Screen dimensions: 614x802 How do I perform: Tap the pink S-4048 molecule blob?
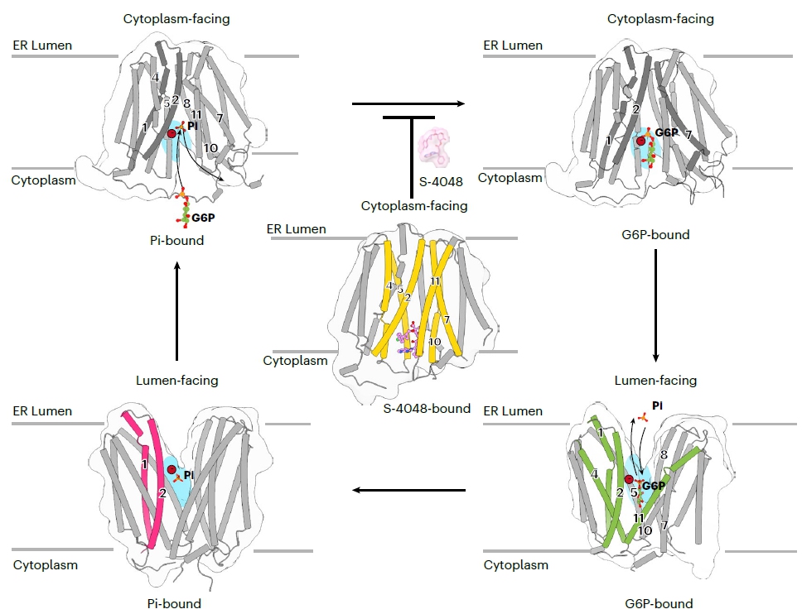[437, 146]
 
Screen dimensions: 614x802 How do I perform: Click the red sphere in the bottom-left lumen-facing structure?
[171, 470]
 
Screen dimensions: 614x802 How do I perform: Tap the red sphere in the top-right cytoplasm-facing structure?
[640, 142]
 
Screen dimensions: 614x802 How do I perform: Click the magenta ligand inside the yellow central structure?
[407, 339]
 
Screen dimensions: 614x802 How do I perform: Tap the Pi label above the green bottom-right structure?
[657, 406]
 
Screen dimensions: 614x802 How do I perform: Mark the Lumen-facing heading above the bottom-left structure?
[176, 381]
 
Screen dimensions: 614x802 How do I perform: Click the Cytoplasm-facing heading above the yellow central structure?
[414, 205]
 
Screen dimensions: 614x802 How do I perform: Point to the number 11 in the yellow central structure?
[435, 281]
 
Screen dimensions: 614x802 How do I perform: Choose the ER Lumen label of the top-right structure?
[512, 46]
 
